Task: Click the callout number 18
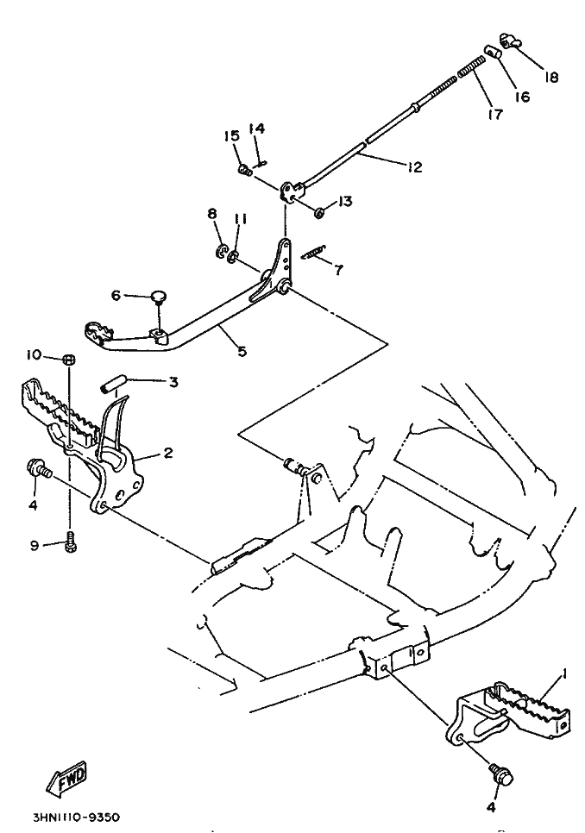pos(550,78)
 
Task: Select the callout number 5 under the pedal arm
pos(242,351)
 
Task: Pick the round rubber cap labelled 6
pos(159,297)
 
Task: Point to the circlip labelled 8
pos(222,251)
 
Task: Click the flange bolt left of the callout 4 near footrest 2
pos(37,469)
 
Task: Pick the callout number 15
pos(231,137)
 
